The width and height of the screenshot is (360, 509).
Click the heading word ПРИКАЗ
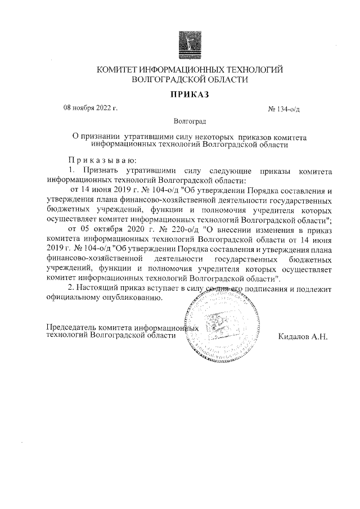[190, 94]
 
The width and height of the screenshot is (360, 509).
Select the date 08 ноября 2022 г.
[90, 107]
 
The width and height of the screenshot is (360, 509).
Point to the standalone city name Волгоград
[190, 120]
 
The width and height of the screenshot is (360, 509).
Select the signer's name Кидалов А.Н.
[303, 336]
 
